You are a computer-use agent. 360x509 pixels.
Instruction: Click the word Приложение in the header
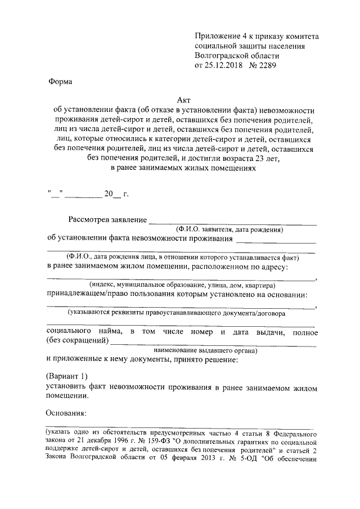pyautogui.click(x=217, y=37)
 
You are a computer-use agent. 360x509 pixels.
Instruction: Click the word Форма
pyautogui.click(x=59, y=82)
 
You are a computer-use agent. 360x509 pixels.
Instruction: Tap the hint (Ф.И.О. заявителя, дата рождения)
pyautogui.click(x=229, y=229)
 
